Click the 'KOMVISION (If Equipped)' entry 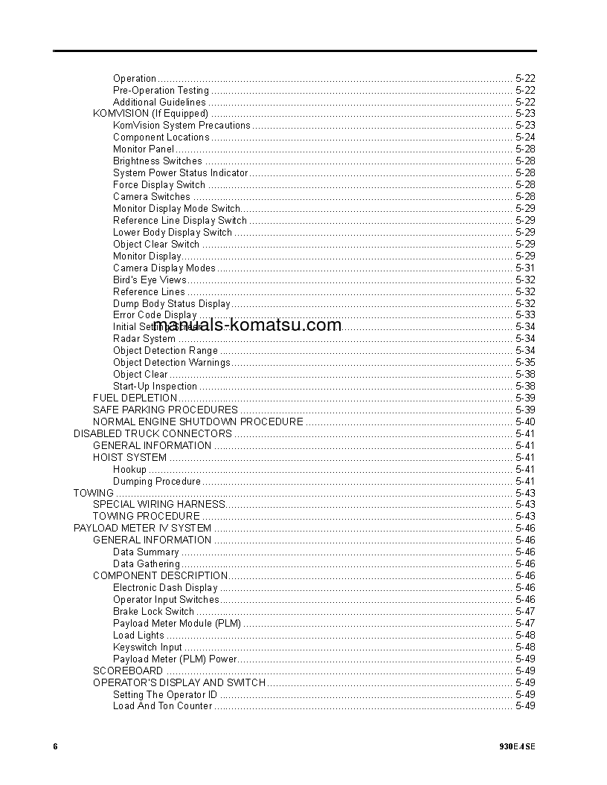click(150, 114)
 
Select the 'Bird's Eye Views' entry click(150, 280)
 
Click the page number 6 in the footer click(55, 746)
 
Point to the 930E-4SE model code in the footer click(518, 746)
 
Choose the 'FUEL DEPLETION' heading click(135, 398)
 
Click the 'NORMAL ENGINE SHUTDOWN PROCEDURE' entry click(198, 421)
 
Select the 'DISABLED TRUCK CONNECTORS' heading click(152, 433)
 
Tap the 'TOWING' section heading click(94, 493)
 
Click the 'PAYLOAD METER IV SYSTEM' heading click(142, 528)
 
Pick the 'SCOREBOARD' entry click(128, 671)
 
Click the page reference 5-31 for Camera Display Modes click(525, 268)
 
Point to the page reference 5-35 click(525, 362)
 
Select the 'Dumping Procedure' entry click(157, 481)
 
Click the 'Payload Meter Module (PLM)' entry click(177, 623)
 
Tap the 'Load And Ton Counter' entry click(162, 705)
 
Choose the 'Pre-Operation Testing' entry click(161, 90)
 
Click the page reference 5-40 click(525, 421)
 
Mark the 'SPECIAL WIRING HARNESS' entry click(159, 504)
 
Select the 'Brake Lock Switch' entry click(153, 611)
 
